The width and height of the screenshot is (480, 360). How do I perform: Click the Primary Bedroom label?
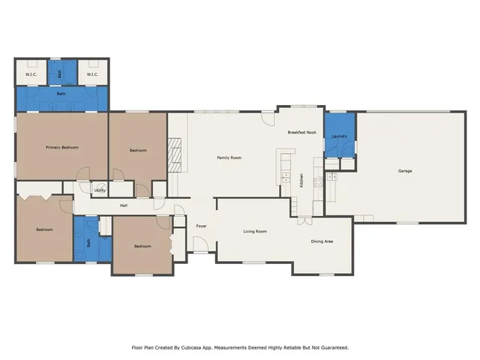(61, 147)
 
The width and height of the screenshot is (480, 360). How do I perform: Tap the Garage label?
(405, 171)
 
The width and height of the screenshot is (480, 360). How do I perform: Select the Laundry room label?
(339, 136)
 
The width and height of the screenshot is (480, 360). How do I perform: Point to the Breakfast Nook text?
(302, 132)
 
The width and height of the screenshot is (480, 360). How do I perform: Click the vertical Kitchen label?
(301, 180)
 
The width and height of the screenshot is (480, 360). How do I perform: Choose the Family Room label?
(229, 157)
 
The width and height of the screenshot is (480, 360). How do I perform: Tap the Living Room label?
(255, 231)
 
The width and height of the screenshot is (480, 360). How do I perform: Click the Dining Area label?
(322, 241)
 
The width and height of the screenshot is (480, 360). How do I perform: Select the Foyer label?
(201, 226)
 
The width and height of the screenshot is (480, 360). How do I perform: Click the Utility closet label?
(99, 190)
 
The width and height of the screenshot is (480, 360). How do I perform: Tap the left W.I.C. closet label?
(31, 74)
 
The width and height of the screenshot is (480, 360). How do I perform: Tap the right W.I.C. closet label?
(92, 74)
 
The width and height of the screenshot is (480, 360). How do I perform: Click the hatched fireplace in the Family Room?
(173, 154)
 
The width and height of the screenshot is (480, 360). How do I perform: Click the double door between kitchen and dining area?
(303, 220)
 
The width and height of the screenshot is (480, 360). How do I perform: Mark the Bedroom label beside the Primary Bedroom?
(138, 150)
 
